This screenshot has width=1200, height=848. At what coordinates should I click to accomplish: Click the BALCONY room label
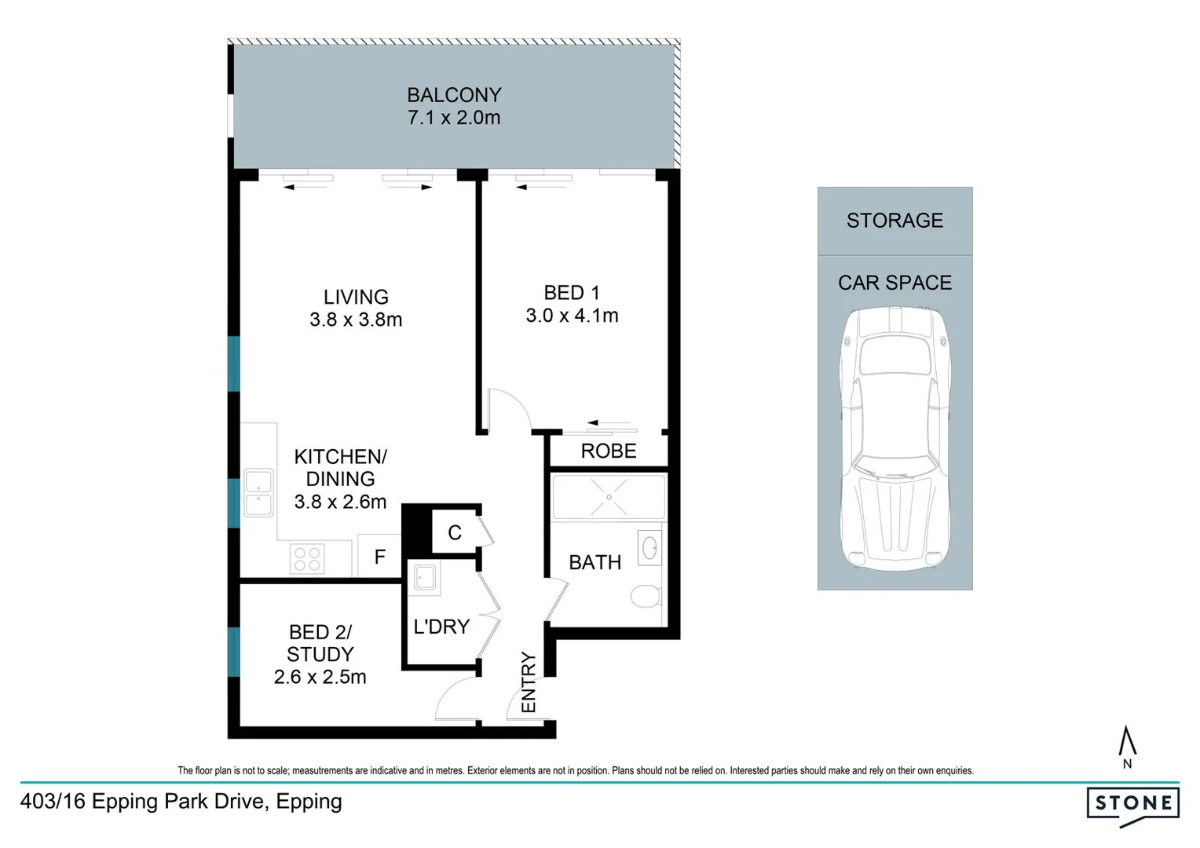[x=454, y=95]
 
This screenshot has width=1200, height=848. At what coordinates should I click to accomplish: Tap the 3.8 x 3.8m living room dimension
[x=356, y=320]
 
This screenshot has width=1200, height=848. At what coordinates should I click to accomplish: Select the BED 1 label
[x=572, y=293]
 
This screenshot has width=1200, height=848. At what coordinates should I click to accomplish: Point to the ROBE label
[x=608, y=451]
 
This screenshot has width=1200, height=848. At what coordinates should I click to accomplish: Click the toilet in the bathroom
[x=645, y=596]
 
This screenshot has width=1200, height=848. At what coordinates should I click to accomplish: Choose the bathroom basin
[x=649, y=548]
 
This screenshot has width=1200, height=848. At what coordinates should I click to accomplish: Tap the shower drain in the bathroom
[x=609, y=497]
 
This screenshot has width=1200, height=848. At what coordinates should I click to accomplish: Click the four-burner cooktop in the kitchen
[x=307, y=559]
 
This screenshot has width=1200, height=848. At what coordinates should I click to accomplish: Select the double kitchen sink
[x=258, y=493]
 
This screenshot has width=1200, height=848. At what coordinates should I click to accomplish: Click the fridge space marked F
[x=380, y=557]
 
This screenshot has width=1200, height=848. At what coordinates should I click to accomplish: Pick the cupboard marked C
[x=455, y=533]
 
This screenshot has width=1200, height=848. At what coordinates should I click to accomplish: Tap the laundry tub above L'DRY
[x=425, y=578]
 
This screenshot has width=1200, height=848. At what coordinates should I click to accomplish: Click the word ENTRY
[x=529, y=682]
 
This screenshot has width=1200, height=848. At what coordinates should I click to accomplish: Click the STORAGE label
[x=895, y=221]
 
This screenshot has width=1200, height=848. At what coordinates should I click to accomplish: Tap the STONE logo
[x=1133, y=804]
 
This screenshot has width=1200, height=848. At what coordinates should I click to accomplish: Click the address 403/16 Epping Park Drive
[x=181, y=802]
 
